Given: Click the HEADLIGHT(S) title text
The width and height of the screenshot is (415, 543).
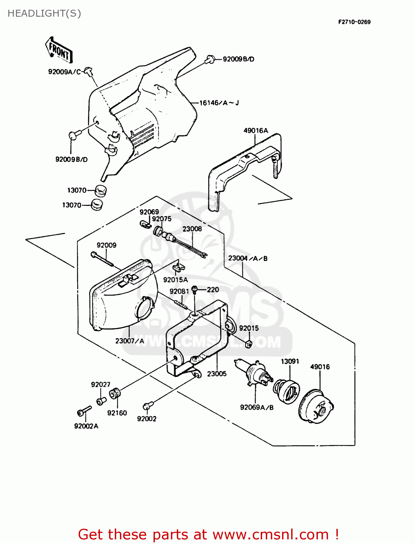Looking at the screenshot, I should tap(44, 13).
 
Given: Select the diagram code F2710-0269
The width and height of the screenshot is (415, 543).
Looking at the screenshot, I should tap(354, 22).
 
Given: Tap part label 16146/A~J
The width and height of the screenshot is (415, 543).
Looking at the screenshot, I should tap(219, 103).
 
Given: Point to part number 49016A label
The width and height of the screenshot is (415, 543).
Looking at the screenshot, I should tap(256, 131).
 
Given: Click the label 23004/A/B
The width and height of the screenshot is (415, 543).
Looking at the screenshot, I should tap(248, 258).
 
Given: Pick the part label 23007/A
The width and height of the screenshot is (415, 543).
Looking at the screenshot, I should tap(130, 341).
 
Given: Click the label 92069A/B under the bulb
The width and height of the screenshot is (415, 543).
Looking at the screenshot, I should tap(257, 407).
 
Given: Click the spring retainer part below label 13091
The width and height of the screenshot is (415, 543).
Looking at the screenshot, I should tap(286, 391).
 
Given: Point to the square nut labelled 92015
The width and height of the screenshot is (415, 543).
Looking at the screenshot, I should tap(248, 344).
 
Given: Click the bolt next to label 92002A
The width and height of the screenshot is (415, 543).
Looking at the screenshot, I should tap(84, 411).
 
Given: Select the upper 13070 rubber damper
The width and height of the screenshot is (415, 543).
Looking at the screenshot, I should tap(101, 190).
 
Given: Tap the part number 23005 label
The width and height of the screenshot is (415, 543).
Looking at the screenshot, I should tap(217, 374).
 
